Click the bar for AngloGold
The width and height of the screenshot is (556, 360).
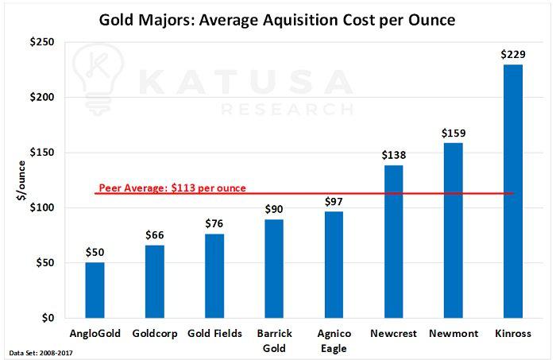click(95, 290)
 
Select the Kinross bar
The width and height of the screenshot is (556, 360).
click(512, 191)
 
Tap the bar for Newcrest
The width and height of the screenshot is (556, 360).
click(393, 242)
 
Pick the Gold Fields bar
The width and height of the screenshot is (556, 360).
click(214, 276)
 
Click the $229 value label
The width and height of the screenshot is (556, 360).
click(512, 54)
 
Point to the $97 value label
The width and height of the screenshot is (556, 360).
click(334, 201)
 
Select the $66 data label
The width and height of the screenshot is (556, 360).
click(155, 235)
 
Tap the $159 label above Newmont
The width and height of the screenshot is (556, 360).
click(453, 132)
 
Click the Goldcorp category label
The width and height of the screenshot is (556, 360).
click(155, 334)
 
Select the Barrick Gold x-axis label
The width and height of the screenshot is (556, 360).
click(274, 340)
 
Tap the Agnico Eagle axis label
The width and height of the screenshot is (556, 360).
click(334, 340)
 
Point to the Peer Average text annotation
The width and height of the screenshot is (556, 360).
click(172, 189)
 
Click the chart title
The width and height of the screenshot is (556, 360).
click(277, 19)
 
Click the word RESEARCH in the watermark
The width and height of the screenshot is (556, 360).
click(287, 108)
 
